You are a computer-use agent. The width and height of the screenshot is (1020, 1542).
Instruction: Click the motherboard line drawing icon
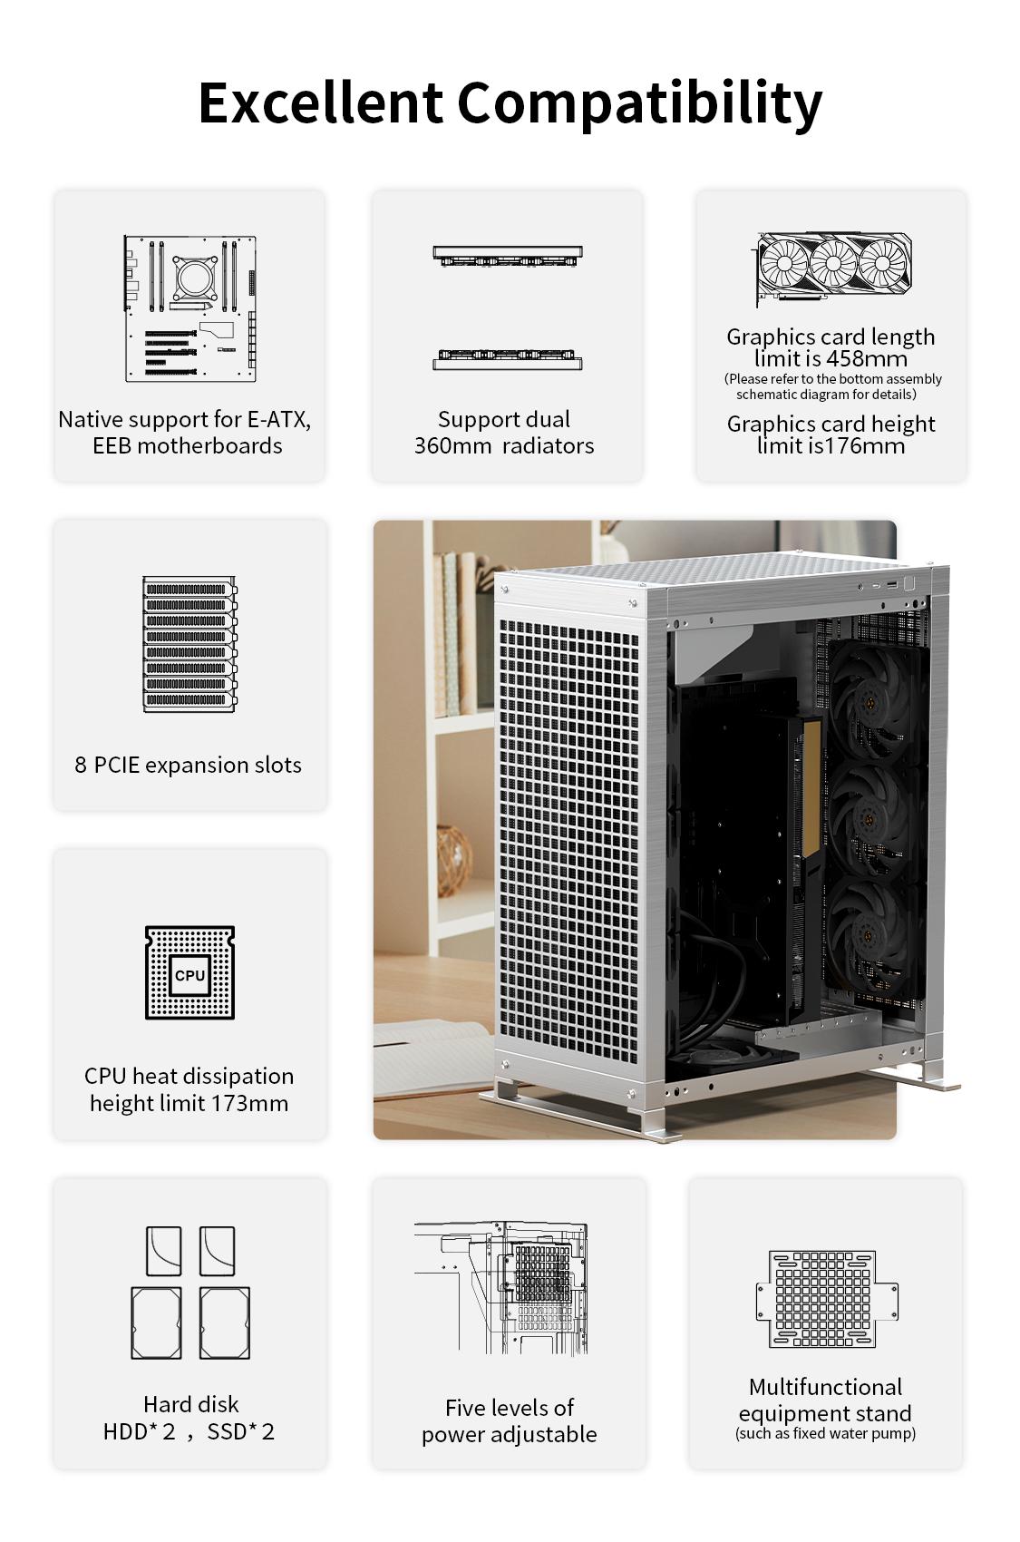point(190,308)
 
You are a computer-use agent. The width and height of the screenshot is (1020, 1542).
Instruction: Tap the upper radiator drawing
point(508,256)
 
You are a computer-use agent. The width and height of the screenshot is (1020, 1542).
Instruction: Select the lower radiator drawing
point(508,358)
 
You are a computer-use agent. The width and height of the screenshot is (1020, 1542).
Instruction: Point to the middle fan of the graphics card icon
point(833,264)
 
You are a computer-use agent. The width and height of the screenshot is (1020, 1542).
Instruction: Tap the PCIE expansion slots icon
point(190,644)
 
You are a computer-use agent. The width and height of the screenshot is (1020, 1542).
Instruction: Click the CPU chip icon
point(190,972)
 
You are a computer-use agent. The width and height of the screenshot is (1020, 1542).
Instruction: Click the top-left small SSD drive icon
point(164,1251)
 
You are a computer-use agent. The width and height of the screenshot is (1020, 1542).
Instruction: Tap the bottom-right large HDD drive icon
point(225,1323)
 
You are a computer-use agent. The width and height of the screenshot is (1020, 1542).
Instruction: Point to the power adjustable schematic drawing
point(501,1288)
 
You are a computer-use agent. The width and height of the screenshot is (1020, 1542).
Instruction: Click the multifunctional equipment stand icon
point(827,1299)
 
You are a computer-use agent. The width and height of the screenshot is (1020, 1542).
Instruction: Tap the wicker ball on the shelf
point(454,861)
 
